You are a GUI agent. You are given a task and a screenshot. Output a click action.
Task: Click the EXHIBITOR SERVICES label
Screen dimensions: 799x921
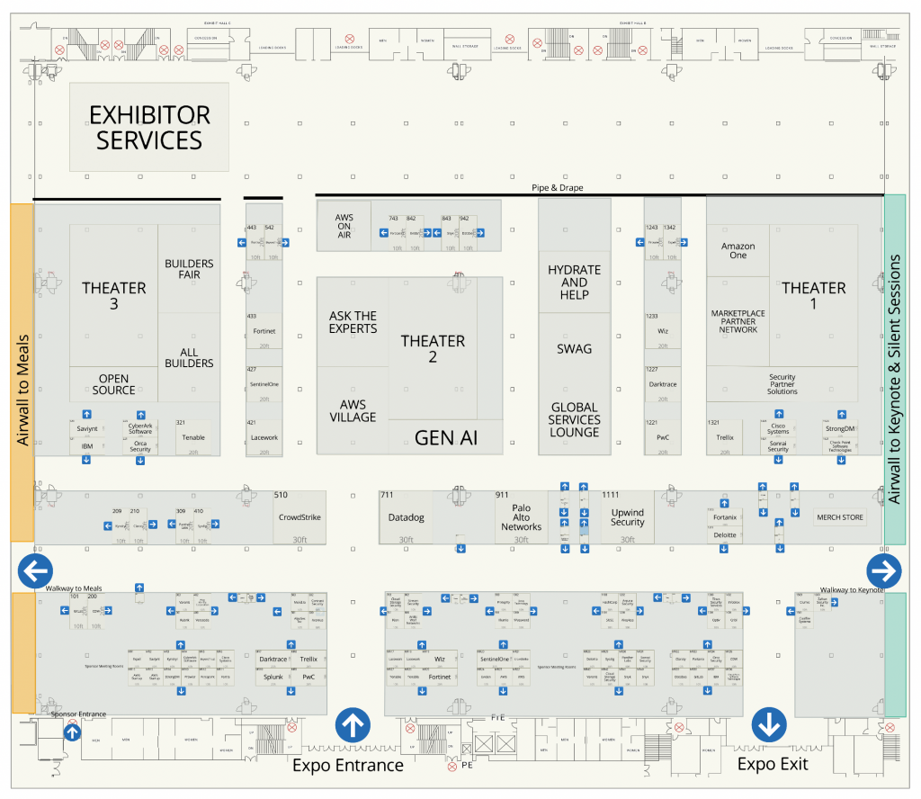tap(149, 128)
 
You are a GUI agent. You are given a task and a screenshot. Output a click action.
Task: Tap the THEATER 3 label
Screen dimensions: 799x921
tap(114, 296)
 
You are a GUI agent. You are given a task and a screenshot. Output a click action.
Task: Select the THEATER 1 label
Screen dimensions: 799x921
tap(813, 296)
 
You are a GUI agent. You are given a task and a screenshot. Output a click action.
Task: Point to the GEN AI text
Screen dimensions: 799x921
tap(446, 438)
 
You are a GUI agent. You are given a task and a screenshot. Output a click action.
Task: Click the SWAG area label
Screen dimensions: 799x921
tap(574, 348)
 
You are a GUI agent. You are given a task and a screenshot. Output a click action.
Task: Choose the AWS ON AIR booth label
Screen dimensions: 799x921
tap(344, 226)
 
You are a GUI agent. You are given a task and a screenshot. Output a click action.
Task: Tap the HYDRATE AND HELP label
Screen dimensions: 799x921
tap(574, 282)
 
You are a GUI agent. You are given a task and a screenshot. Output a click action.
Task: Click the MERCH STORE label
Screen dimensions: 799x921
tap(838, 517)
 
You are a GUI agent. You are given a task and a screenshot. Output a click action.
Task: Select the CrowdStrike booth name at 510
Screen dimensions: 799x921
tap(300, 517)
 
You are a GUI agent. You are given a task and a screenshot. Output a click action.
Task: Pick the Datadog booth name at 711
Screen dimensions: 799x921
tap(406, 518)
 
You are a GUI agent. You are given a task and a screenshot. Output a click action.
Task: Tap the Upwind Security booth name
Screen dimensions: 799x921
tap(627, 516)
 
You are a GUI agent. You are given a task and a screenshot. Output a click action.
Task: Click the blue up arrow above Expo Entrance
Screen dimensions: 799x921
tap(352, 723)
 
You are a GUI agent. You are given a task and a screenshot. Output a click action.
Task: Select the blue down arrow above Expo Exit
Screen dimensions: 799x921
tap(770, 723)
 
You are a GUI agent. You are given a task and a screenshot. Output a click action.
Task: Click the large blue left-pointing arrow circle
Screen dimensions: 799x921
tap(36, 570)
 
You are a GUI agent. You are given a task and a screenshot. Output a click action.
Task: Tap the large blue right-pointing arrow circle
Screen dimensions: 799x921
tap(883, 570)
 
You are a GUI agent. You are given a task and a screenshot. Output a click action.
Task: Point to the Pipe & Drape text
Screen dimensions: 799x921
tap(558, 188)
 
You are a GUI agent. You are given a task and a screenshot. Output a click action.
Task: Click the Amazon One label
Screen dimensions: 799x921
tap(738, 250)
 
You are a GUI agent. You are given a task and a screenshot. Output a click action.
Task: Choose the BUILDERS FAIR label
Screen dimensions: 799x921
tap(189, 269)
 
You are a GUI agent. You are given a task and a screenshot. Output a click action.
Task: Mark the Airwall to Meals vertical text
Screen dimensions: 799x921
tap(22, 391)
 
